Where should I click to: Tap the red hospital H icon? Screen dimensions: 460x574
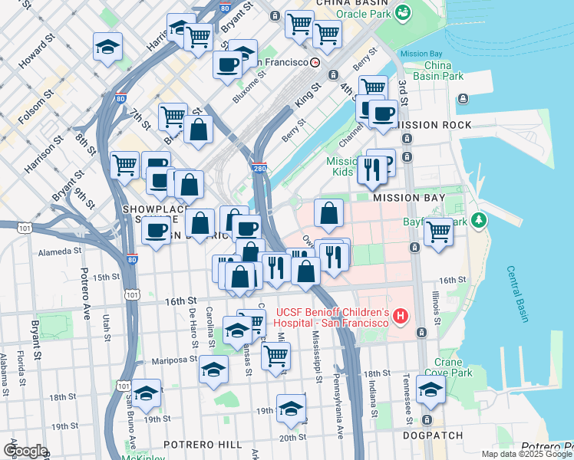click(x=399, y=315)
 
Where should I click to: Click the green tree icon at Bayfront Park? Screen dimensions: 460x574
click(x=480, y=221)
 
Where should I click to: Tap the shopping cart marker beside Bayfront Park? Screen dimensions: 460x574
click(x=438, y=230)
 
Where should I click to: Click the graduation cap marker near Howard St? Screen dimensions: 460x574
click(x=108, y=48)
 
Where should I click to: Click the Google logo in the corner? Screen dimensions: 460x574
click(x=25, y=451)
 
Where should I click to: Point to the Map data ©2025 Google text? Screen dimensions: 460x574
click(x=526, y=454)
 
